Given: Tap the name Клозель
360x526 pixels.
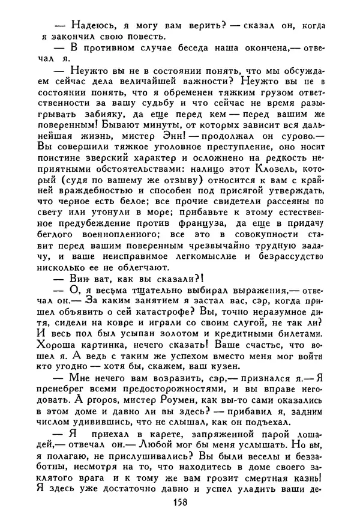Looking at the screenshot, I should click(277, 178).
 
